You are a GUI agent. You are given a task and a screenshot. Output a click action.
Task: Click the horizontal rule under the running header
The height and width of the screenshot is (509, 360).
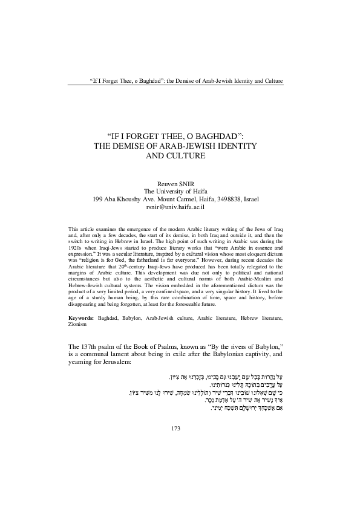click(180, 86)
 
